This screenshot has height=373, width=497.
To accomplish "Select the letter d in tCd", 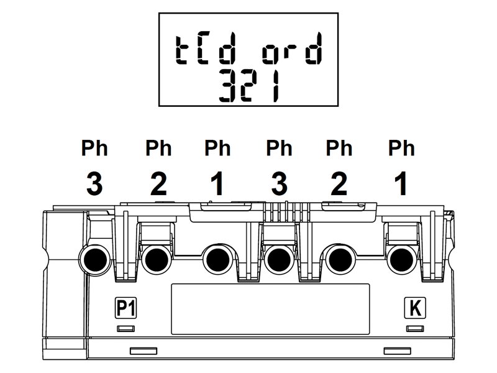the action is pyautogui.click(x=227, y=48).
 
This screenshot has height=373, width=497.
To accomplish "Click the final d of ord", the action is pyautogui.click(x=314, y=48).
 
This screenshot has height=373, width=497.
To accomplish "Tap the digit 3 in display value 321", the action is pyautogui.click(x=227, y=85).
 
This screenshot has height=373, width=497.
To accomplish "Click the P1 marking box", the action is pyautogui.click(x=125, y=308).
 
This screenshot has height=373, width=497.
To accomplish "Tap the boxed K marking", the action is pyautogui.click(x=415, y=308).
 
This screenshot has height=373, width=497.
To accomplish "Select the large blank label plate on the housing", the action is pyautogui.click(x=270, y=309).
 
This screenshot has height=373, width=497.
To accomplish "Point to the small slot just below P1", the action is pyautogui.click(x=126, y=329).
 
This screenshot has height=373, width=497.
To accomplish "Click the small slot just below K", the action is pyautogui.click(x=415, y=329).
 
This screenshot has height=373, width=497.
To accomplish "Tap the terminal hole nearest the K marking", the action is pyautogui.click(x=401, y=259).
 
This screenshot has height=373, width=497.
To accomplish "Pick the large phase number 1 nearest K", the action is pyautogui.click(x=401, y=183).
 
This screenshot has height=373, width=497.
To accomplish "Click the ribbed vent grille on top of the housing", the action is pyautogui.click(x=286, y=211).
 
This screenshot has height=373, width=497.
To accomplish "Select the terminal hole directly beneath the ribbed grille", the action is pyautogui.click(x=279, y=259).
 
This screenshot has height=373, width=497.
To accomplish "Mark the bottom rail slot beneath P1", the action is pyautogui.click(x=144, y=351).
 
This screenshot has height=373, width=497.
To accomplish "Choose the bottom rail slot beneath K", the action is pyautogui.click(x=398, y=351).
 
